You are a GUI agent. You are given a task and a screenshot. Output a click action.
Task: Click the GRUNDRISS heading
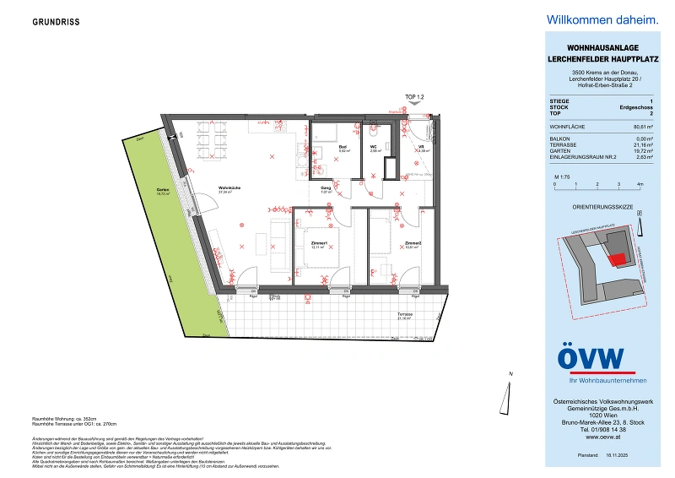pos(57,22)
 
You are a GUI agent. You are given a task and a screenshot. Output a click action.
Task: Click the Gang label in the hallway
pos(327,189)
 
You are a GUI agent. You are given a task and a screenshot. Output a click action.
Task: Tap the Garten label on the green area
pos(163,190)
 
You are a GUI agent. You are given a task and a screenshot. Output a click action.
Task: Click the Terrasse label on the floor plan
pos(405,315)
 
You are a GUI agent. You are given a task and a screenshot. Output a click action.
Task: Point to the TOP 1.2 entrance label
pos(414,98)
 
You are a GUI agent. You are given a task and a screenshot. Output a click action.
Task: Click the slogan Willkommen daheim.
pos(590,19)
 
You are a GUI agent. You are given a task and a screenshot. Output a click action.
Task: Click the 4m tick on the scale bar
pos(640,183)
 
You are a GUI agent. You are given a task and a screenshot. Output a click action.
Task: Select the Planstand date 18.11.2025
pos(625,454)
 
